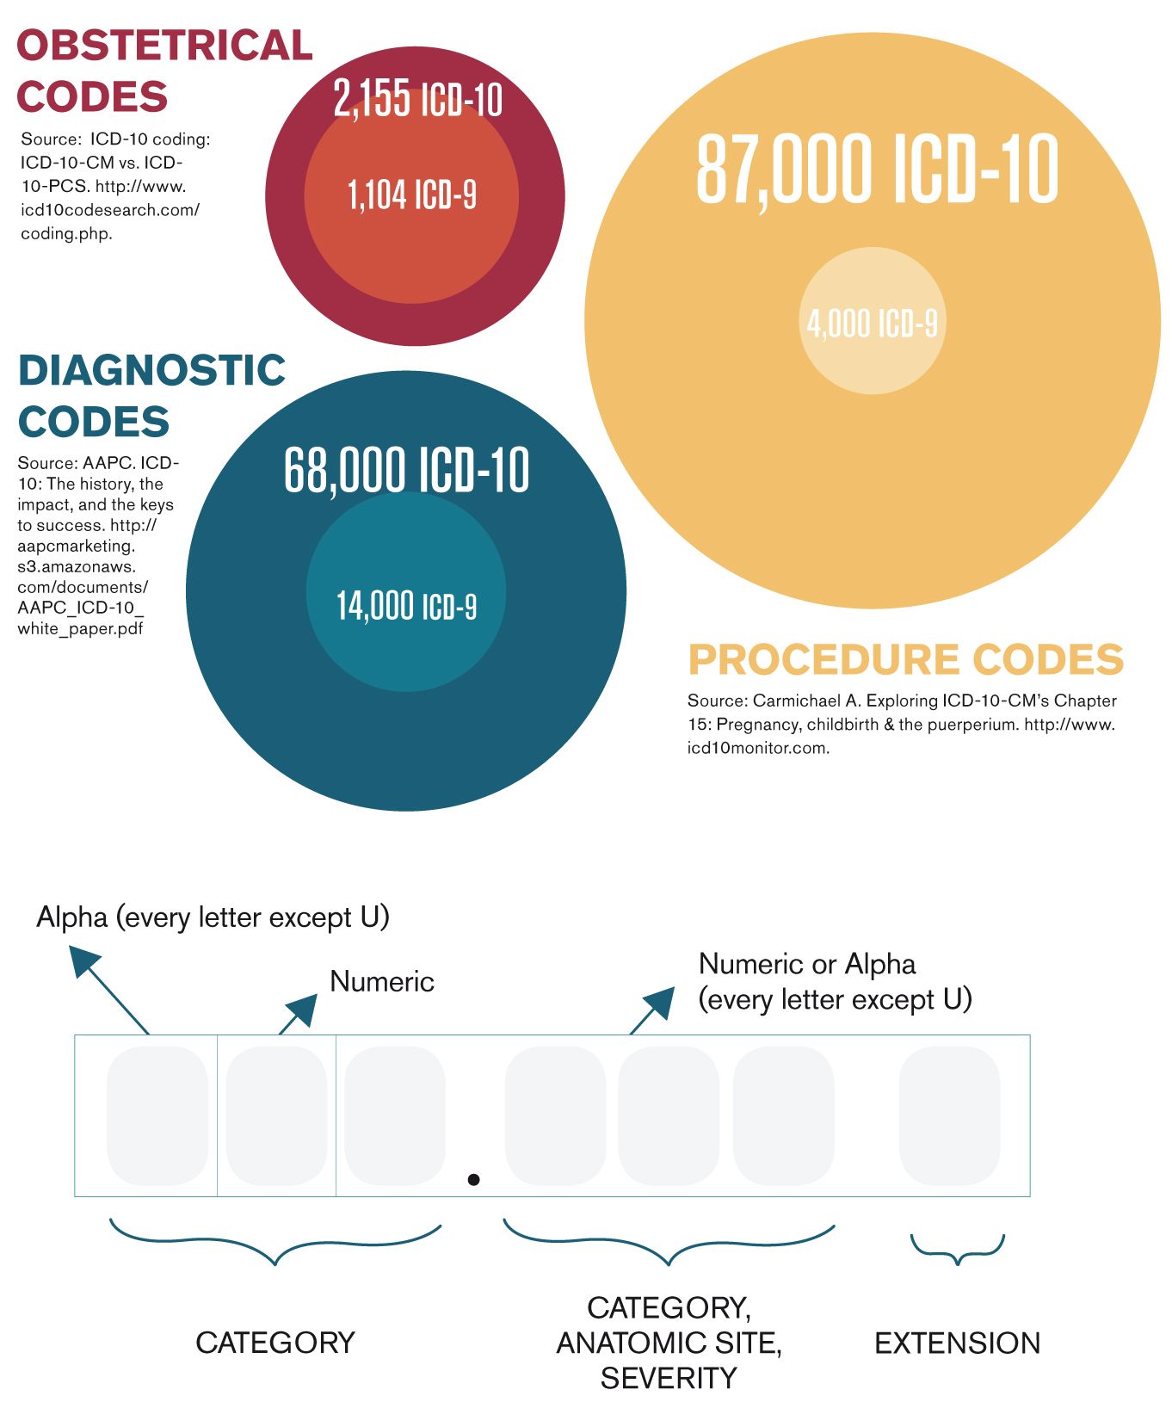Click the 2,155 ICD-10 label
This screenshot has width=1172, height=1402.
pyautogui.click(x=417, y=99)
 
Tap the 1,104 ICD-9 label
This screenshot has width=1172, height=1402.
pyautogui.click(x=411, y=195)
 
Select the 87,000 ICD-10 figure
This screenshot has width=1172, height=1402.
pyautogui.click(x=876, y=170)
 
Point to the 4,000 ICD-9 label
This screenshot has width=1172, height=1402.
pyautogui.click(x=872, y=324)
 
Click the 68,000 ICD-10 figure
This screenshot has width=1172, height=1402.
pyautogui.click(x=406, y=470)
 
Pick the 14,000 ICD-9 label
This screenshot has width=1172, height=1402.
pyautogui.click(x=406, y=606)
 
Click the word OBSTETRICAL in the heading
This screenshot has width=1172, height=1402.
pyautogui.click(x=164, y=46)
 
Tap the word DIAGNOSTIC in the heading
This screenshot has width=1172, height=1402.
pyautogui.click(x=151, y=371)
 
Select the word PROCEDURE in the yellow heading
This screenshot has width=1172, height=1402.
pyautogui.click(x=824, y=660)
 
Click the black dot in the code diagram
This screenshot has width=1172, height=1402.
pyautogui.click(x=473, y=1179)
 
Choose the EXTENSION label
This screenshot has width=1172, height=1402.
pyautogui.click(x=957, y=1343)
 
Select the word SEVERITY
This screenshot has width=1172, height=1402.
pyautogui.click(x=669, y=1379)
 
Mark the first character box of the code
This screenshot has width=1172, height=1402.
pyautogui.click(x=157, y=1115)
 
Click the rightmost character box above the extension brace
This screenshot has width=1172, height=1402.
pyautogui.click(x=949, y=1115)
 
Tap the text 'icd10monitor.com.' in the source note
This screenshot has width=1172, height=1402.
pyautogui.click(x=757, y=748)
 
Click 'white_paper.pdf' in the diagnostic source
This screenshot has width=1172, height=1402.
pyautogui.click(x=80, y=628)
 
